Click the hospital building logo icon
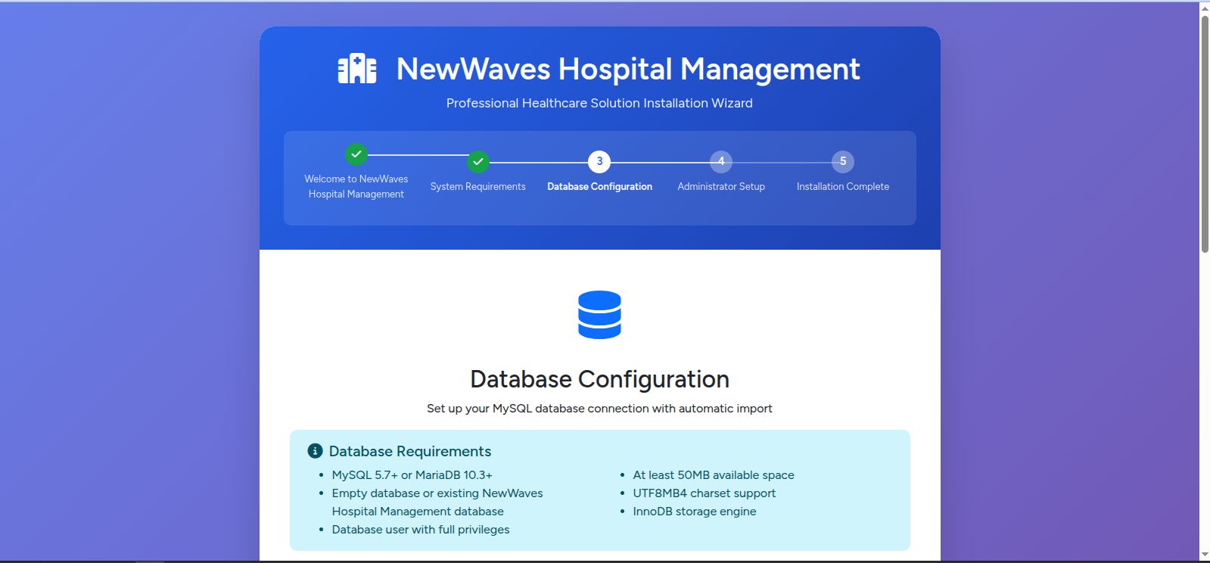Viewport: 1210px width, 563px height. [357, 69]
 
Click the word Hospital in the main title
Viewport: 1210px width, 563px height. [615, 70]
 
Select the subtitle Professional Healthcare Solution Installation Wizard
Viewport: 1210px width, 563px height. [599, 103]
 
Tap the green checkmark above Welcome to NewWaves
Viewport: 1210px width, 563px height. [356, 154]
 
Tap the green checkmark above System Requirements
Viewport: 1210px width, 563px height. [478, 161]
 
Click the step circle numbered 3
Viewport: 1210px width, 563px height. [599, 161]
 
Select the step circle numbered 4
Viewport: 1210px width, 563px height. [721, 161]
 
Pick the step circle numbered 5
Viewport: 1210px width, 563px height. [843, 161]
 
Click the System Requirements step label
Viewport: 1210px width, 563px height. [478, 186]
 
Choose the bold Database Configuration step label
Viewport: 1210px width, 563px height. [599, 186]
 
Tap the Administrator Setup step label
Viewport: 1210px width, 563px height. [721, 186]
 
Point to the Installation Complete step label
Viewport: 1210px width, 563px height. [843, 186]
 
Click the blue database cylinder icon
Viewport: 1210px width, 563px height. [599, 315]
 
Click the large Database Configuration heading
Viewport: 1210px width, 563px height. [599, 379]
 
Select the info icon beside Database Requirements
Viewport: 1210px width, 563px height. [315, 450]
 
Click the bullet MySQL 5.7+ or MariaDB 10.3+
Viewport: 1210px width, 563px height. [412, 475]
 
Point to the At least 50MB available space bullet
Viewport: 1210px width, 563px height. [714, 475]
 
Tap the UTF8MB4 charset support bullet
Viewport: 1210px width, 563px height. [705, 493]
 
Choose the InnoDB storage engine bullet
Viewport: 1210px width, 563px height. [695, 511]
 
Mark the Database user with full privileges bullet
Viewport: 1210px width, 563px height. [421, 530]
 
